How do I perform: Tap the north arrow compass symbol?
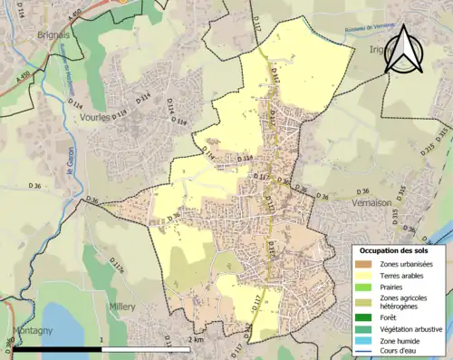click(x=405, y=50)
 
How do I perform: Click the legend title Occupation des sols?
click(x=393, y=249)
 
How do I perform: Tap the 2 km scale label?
click(x=196, y=339)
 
